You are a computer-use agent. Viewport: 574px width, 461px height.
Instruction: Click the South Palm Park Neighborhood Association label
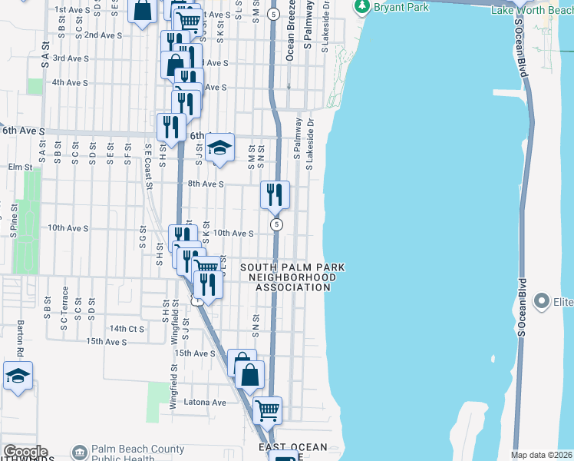(x=292, y=277)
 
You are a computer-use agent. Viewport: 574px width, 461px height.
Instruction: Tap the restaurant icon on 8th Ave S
(x=274, y=195)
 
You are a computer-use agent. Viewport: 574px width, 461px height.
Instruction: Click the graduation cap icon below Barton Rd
(x=17, y=376)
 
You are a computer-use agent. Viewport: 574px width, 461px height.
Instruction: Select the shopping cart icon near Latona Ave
(x=267, y=410)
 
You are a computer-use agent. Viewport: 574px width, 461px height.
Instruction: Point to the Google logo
(x=25, y=452)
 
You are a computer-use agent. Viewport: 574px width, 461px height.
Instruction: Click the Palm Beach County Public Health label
(x=137, y=454)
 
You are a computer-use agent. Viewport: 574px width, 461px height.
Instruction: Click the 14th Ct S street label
(x=127, y=328)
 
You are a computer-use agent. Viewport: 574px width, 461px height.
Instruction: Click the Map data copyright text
(x=542, y=455)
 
